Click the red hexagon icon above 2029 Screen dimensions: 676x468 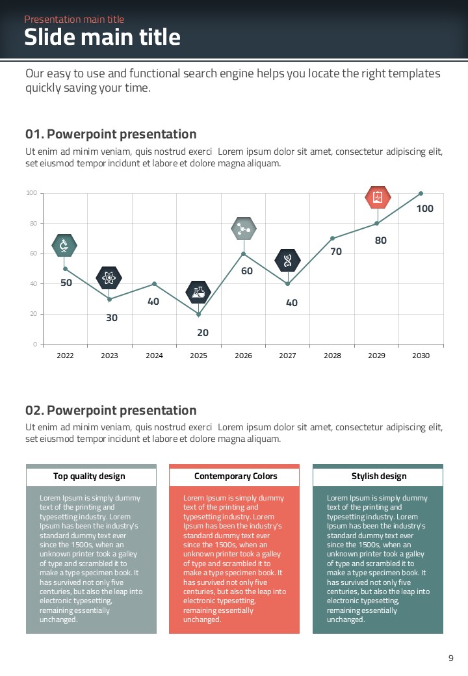pyautogui.click(x=377, y=198)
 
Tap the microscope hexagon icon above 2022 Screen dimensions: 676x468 pyautogui.click(x=64, y=245)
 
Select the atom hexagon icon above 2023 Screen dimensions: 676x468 pyautogui.click(x=109, y=278)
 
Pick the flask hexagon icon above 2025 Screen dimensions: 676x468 pyautogui.click(x=198, y=292)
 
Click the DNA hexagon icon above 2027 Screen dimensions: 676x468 pyautogui.click(x=287, y=260)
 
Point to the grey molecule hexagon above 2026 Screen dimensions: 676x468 pyautogui.click(x=244, y=228)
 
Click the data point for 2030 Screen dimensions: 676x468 pyautogui.click(x=421, y=193)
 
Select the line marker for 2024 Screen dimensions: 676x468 pyautogui.click(x=154, y=283)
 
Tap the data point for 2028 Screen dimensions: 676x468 pyautogui.click(x=332, y=238)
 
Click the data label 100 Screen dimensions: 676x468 pyautogui.click(x=424, y=209)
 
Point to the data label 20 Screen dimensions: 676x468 pyautogui.click(x=203, y=332)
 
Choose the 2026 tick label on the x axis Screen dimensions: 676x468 pyautogui.click(x=243, y=356)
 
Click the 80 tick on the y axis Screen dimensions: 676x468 pyautogui.click(x=31, y=223)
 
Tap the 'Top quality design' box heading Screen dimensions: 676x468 pyautogui.click(x=89, y=476)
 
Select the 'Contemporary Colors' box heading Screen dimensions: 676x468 pyautogui.click(x=235, y=476)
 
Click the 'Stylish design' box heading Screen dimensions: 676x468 pyautogui.click(x=379, y=476)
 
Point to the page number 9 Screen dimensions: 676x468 pyautogui.click(x=451, y=658)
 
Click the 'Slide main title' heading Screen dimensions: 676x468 pyautogui.click(x=102, y=37)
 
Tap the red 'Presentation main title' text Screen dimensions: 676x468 pyautogui.click(x=74, y=19)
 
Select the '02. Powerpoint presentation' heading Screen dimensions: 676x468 pyautogui.click(x=110, y=410)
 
